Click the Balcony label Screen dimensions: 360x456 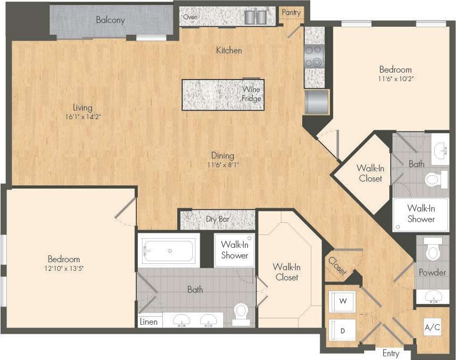pyautogui.click(x=111, y=20)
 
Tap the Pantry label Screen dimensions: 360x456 pyautogui.click(x=291, y=12)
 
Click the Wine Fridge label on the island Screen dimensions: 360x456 pyautogui.click(x=251, y=94)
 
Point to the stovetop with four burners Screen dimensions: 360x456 pyautogui.click(x=314, y=56)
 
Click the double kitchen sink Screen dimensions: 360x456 pyautogui.click(x=256, y=17)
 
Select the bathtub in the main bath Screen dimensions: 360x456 pyautogui.click(x=169, y=251)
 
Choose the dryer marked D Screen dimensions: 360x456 pyautogui.click(x=341, y=331)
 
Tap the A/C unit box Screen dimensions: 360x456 pyautogui.click(x=432, y=327)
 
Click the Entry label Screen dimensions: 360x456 pyautogui.click(x=391, y=353)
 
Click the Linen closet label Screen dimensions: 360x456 pyautogui.click(x=149, y=322)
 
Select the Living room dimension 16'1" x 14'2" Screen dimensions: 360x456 pyautogui.click(x=83, y=116)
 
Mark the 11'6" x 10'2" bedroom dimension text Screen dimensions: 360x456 pyautogui.click(x=396, y=79)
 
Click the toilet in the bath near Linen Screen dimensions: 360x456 pyautogui.click(x=241, y=312)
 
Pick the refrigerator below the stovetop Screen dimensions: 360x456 pyautogui.click(x=317, y=101)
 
